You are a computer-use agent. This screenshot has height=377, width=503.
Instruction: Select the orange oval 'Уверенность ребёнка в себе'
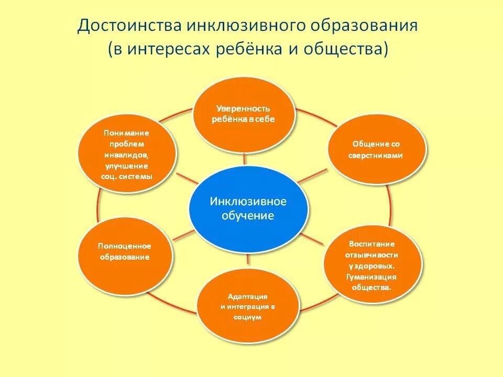tap(243, 115)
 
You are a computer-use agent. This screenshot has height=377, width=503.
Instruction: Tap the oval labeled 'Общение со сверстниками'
tap(376, 149)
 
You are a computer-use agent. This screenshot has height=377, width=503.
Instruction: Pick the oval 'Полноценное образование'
tap(125, 252)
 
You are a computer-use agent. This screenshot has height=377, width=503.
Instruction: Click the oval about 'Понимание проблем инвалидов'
tap(126, 154)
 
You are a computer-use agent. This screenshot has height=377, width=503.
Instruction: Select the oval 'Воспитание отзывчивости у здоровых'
tap(372, 266)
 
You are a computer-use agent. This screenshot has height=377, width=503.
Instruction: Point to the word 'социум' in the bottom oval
tap(248, 317)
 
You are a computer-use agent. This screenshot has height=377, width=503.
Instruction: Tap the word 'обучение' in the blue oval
tap(248, 216)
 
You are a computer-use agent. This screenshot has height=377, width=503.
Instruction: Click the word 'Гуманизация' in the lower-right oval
tap(371, 277)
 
